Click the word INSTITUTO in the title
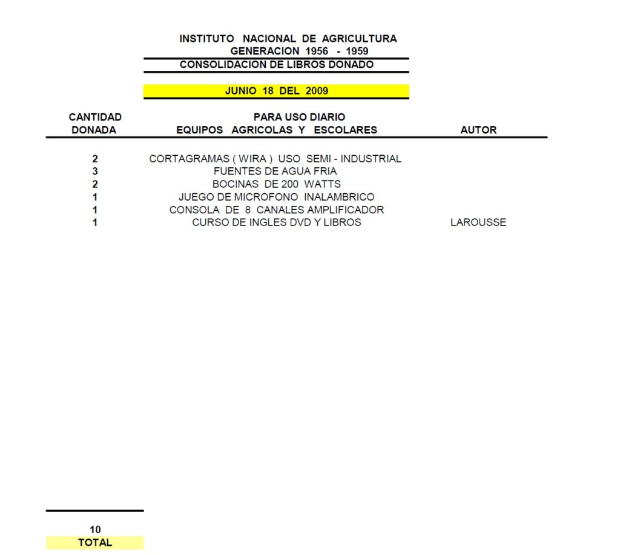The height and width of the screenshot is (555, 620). [x=207, y=39]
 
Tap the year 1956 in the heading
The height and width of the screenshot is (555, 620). [x=317, y=51]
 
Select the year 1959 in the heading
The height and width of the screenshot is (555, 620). [x=357, y=51]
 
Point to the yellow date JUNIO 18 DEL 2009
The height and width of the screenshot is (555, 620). [x=276, y=91]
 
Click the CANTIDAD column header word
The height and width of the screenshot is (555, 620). [x=95, y=117]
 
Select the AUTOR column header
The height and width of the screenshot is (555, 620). [x=478, y=130]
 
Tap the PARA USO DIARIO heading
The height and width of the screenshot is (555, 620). [x=299, y=117]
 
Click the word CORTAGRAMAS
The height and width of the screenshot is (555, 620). [x=190, y=159]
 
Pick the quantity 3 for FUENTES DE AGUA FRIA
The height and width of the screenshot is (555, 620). [x=95, y=171]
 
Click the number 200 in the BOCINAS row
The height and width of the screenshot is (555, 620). [x=290, y=184]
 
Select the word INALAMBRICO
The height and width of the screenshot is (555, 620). [x=339, y=196]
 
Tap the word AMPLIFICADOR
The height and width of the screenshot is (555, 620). [x=346, y=210]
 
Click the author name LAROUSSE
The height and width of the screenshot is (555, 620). [x=478, y=222]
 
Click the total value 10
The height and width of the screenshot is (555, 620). [x=95, y=530]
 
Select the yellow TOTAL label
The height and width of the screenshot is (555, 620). [x=95, y=542]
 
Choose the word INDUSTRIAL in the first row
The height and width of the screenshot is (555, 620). [x=371, y=159]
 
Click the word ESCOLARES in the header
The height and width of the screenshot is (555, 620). [x=346, y=130]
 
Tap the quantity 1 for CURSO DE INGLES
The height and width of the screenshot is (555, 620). [x=95, y=222]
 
